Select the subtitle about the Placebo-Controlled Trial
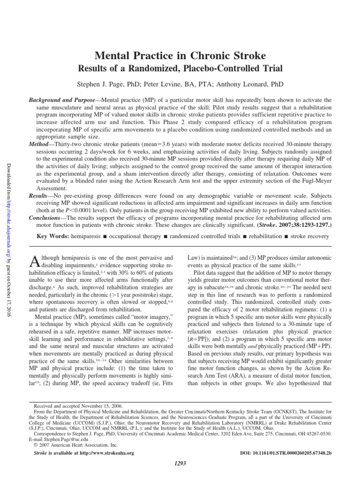click(x=180, y=68)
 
